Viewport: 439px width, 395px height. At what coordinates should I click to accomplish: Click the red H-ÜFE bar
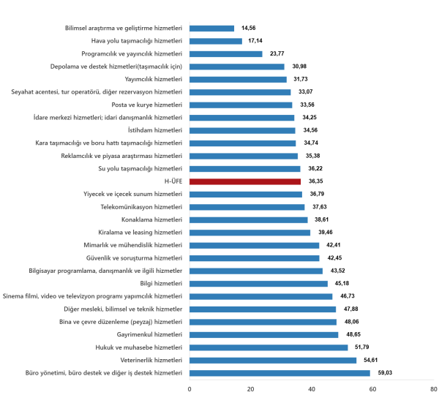(x=245, y=181)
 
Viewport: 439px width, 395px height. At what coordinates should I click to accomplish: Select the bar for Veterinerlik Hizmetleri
(x=273, y=361)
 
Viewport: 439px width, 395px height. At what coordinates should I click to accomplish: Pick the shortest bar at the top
(x=212, y=29)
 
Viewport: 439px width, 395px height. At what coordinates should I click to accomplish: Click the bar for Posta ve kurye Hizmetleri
(x=241, y=105)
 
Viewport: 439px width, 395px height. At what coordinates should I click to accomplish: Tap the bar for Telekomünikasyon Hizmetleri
(x=247, y=207)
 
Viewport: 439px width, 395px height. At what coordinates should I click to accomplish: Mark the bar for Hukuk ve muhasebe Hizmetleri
(x=269, y=347)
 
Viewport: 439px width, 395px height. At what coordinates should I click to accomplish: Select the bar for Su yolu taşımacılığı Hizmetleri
(x=245, y=169)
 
